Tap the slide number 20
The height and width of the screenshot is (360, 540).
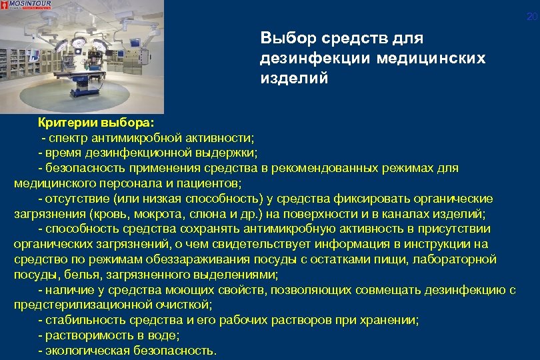tap(531, 17)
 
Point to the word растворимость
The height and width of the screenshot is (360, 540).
tap(83, 335)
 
